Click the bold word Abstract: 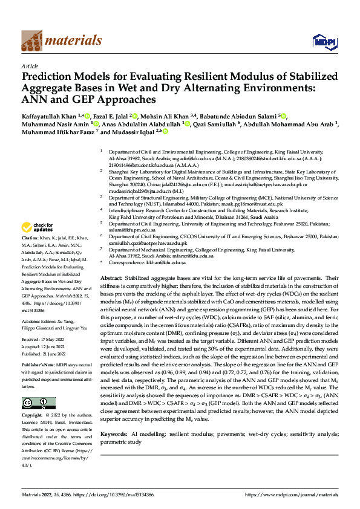[112, 276]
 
